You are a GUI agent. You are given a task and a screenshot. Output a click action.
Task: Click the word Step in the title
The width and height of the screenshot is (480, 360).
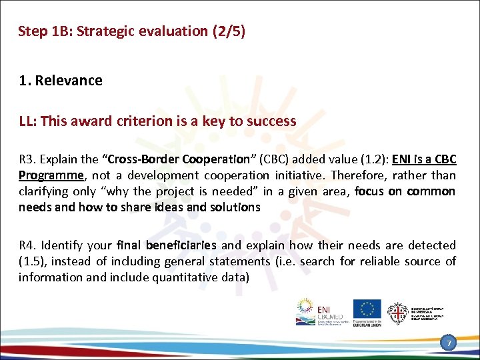[31, 31]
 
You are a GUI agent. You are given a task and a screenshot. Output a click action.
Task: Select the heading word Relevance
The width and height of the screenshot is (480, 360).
[69, 81]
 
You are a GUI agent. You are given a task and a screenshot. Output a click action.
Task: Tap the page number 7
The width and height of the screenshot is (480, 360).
[450, 343]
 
